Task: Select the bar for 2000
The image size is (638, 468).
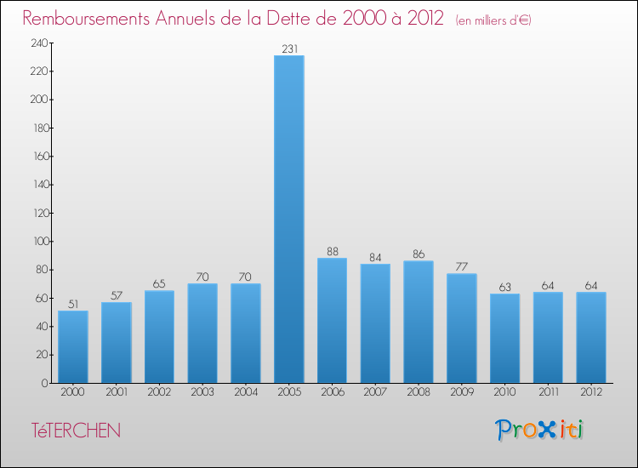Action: [x=73, y=346]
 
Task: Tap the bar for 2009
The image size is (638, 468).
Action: [x=461, y=328]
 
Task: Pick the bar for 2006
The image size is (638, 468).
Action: [x=332, y=320]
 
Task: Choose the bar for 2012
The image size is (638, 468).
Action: [x=590, y=337]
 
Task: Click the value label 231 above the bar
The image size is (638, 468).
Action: [x=288, y=49]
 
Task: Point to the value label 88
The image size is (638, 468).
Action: [x=332, y=252]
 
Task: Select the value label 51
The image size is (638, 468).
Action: [x=73, y=305]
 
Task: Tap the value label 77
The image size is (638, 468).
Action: [x=461, y=267]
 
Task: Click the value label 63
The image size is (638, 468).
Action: [x=504, y=288]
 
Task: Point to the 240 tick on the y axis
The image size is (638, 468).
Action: [x=37, y=43]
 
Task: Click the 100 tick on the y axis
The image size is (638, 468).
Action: [x=37, y=242]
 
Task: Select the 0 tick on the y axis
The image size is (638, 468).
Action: [x=43, y=383]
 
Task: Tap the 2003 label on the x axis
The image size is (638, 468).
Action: [x=202, y=392]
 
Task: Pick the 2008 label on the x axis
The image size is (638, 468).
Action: [x=418, y=392]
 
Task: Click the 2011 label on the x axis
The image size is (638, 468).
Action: [x=547, y=392]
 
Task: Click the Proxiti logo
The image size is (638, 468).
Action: [x=540, y=430]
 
